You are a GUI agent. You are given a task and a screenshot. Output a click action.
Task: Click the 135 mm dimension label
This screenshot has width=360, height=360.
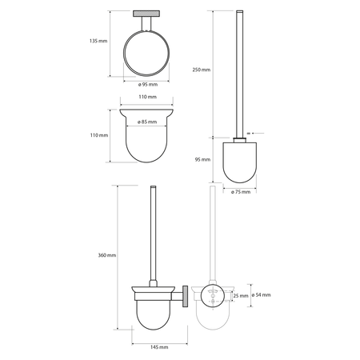point(98,41)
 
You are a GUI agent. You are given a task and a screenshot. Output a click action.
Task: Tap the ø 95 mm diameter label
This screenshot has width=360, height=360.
point(148,85)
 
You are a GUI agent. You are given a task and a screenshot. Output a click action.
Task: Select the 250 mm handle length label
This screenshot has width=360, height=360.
point(202,70)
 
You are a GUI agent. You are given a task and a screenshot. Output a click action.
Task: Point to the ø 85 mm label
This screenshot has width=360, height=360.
point(147,122)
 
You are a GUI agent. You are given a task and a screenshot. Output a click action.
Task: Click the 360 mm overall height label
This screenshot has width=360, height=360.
point(107,255)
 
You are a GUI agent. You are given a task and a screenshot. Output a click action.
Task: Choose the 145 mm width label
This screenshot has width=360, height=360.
point(159,347)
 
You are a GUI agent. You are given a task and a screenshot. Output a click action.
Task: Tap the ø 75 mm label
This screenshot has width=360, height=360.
point(241,192)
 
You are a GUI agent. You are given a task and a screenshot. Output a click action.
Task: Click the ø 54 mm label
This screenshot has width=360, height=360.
point(261,295)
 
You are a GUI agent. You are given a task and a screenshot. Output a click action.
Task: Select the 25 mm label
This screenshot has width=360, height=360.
point(241,296)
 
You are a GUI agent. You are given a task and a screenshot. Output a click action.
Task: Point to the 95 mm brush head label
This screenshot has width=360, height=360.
point(202,159)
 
